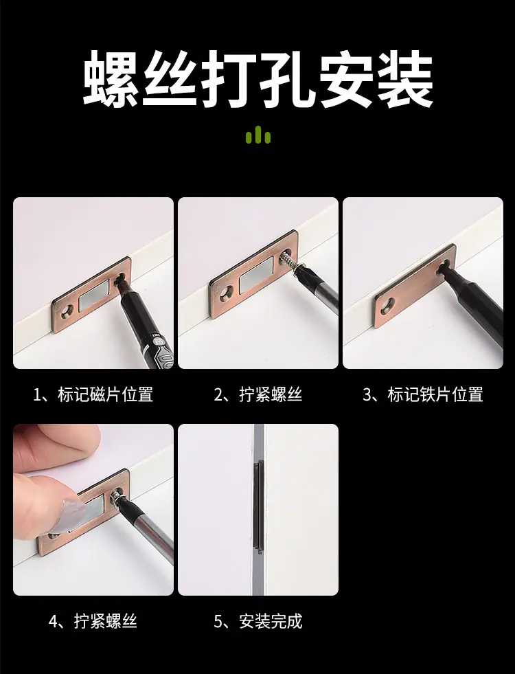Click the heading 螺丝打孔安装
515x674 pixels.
click(257, 78)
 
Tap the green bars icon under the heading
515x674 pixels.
click(257, 135)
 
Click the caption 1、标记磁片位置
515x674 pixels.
click(93, 394)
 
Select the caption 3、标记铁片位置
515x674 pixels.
click(423, 394)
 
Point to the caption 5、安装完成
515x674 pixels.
click(258, 621)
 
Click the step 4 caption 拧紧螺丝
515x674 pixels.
click(105, 621)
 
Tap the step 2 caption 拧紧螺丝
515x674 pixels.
click(271, 394)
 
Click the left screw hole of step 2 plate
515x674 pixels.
click(226, 295)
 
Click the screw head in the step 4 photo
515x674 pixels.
click(116, 497)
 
